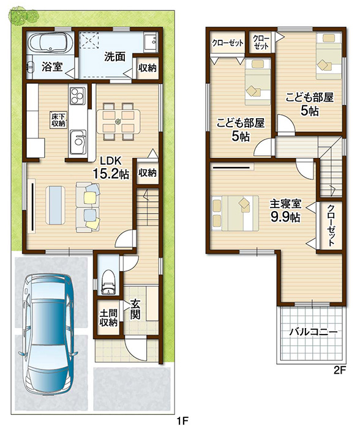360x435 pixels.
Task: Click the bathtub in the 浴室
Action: click(51, 43)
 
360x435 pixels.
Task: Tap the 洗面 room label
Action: click(114, 57)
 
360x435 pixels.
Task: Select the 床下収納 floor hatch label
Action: click(58, 120)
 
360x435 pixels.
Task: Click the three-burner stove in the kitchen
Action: click(77, 95)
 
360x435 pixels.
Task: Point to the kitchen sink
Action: click(77, 142)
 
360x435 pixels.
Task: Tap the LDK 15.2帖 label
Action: click(110, 168)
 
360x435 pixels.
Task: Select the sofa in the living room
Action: click(88, 207)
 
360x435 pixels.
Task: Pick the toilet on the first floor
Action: click(108, 282)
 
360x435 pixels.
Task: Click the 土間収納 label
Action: click(108, 318)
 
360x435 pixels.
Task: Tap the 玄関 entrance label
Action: click(135, 310)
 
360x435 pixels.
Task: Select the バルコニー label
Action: click(313, 332)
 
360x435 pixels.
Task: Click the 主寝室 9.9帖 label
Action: click(285, 211)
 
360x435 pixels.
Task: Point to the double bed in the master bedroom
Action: click(235, 213)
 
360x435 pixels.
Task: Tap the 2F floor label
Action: click(340, 371)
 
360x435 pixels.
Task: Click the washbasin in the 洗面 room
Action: click(151, 42)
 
